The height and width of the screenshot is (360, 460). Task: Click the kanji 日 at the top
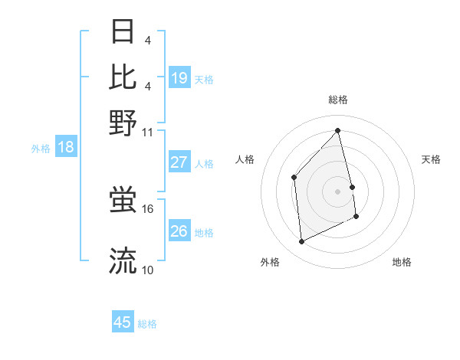click(x=123, y=32)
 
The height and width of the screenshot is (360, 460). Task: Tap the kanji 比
click(x=123, y=77)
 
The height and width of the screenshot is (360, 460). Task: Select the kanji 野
click(x=123, y=123)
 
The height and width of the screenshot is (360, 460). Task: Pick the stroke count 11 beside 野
click(x=148, y=132)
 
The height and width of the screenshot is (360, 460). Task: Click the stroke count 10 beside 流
click(x=148, y=270)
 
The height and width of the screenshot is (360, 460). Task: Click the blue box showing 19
click(x=179, y=77)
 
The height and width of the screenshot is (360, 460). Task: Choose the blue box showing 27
click(x=179, y=162)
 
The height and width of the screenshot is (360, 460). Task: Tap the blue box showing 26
click(x=179, y=231)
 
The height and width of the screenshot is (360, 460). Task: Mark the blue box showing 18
click(x=66, y=148)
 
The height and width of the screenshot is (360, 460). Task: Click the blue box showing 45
click(x=123, y=322)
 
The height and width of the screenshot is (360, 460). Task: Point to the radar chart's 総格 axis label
click(x=338, y=100)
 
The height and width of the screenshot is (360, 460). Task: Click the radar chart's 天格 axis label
click(x=432, y=159)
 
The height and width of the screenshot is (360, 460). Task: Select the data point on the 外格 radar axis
click(x=302, y=242)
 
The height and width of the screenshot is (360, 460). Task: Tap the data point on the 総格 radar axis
click(x=338, y=130)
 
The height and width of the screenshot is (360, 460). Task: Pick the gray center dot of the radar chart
click(x=338, y=191)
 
